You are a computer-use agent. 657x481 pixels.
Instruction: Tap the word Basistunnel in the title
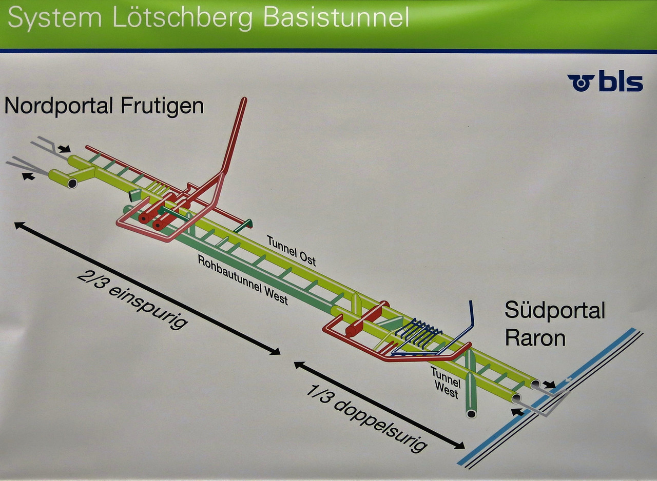click(x=336, y=17)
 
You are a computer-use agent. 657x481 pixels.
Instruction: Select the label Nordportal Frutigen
click(x=104, y=106)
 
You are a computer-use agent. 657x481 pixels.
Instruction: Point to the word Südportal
click(x=555, y=311)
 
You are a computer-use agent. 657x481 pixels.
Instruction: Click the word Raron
click(x=535, y=338)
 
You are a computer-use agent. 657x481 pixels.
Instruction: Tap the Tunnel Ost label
click(x=291, y=251)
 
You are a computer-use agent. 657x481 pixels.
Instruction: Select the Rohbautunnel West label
click(x=243, y=279)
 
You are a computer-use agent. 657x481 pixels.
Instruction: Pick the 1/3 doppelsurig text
click(x=366, y=418)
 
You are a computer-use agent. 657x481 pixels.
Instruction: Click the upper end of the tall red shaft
click(x=243, y=100)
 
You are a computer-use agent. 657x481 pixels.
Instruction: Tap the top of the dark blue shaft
click(x=471, y=303)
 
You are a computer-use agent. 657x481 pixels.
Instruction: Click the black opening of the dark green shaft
click(x=471, y=413)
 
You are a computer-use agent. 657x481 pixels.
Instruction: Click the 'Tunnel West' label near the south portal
click(x=446, y=382)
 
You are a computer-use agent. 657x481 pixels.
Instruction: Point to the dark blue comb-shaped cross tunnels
click(x=422, y=333)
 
